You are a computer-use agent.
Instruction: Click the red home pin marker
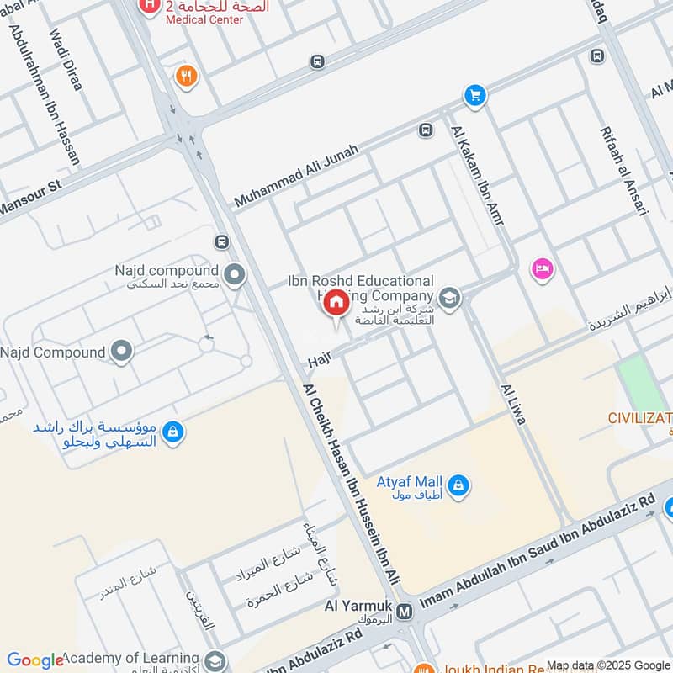[x=335, y=303]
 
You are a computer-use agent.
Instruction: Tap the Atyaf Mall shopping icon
[x=459, y=485]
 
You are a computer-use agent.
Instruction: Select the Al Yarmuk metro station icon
[x=405, y=612]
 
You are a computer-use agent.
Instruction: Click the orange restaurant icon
[x=185, y=77]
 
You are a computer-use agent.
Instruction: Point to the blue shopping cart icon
[x=475, y=95]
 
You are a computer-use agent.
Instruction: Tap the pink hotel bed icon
[x=542, y=269]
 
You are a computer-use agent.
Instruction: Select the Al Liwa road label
[x=513, y=404]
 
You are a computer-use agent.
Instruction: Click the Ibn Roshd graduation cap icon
[x=450, y=298]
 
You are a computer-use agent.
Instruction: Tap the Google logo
[x=34, y=660]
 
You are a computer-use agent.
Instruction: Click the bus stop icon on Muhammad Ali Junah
[x=426, y=130]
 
